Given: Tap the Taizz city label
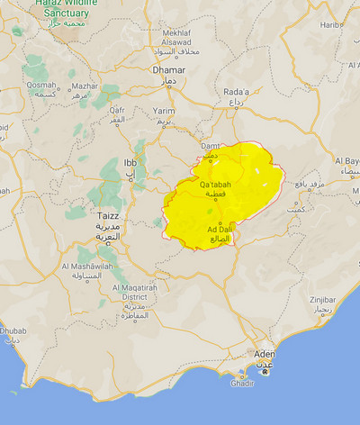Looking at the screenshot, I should (107, 216).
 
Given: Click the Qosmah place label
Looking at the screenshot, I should (40, 85).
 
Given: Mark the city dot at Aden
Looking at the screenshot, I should (265, 370).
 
